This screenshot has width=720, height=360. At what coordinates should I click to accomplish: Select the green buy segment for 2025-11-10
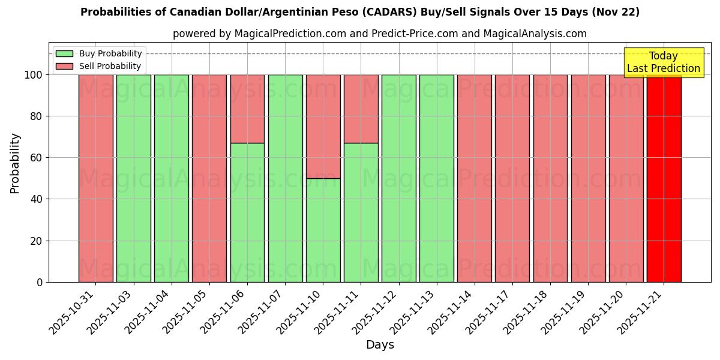[323, 230]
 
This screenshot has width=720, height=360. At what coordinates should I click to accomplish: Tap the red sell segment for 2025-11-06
[247, 109]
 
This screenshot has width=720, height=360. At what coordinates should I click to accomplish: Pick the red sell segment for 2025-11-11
[361, 109]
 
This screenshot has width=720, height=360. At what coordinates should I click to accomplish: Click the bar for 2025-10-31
[95, 178]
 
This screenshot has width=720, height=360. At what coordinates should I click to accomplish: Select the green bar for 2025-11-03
[133, 178]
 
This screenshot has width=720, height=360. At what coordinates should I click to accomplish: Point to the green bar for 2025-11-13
[436, 178]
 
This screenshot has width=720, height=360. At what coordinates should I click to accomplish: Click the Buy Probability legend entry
[99, 53]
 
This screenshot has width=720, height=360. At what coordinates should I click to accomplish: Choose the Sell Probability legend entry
[99, 66]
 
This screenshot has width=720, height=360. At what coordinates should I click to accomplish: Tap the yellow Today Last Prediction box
[663, 62]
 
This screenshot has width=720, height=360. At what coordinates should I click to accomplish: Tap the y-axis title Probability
[15, 163]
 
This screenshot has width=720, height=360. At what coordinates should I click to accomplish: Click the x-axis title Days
[380, 345]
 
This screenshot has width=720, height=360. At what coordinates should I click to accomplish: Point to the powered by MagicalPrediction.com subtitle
[380, 34]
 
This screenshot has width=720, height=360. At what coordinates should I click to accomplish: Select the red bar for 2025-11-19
[588, 178]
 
